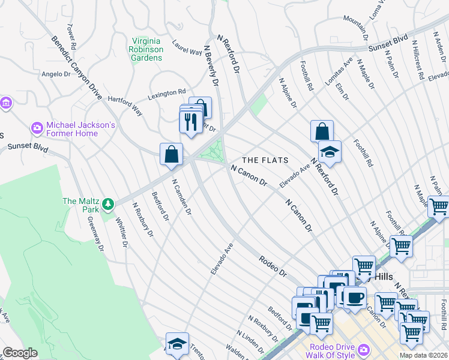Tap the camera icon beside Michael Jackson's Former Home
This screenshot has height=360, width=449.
37,128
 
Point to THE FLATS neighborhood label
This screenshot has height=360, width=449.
265,160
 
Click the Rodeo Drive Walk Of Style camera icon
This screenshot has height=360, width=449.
364,350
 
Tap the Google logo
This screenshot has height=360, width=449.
20,353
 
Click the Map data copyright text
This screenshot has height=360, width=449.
423,355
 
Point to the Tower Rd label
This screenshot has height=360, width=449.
72,37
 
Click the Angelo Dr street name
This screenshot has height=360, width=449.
56,74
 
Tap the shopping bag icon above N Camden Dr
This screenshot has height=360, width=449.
172,154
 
